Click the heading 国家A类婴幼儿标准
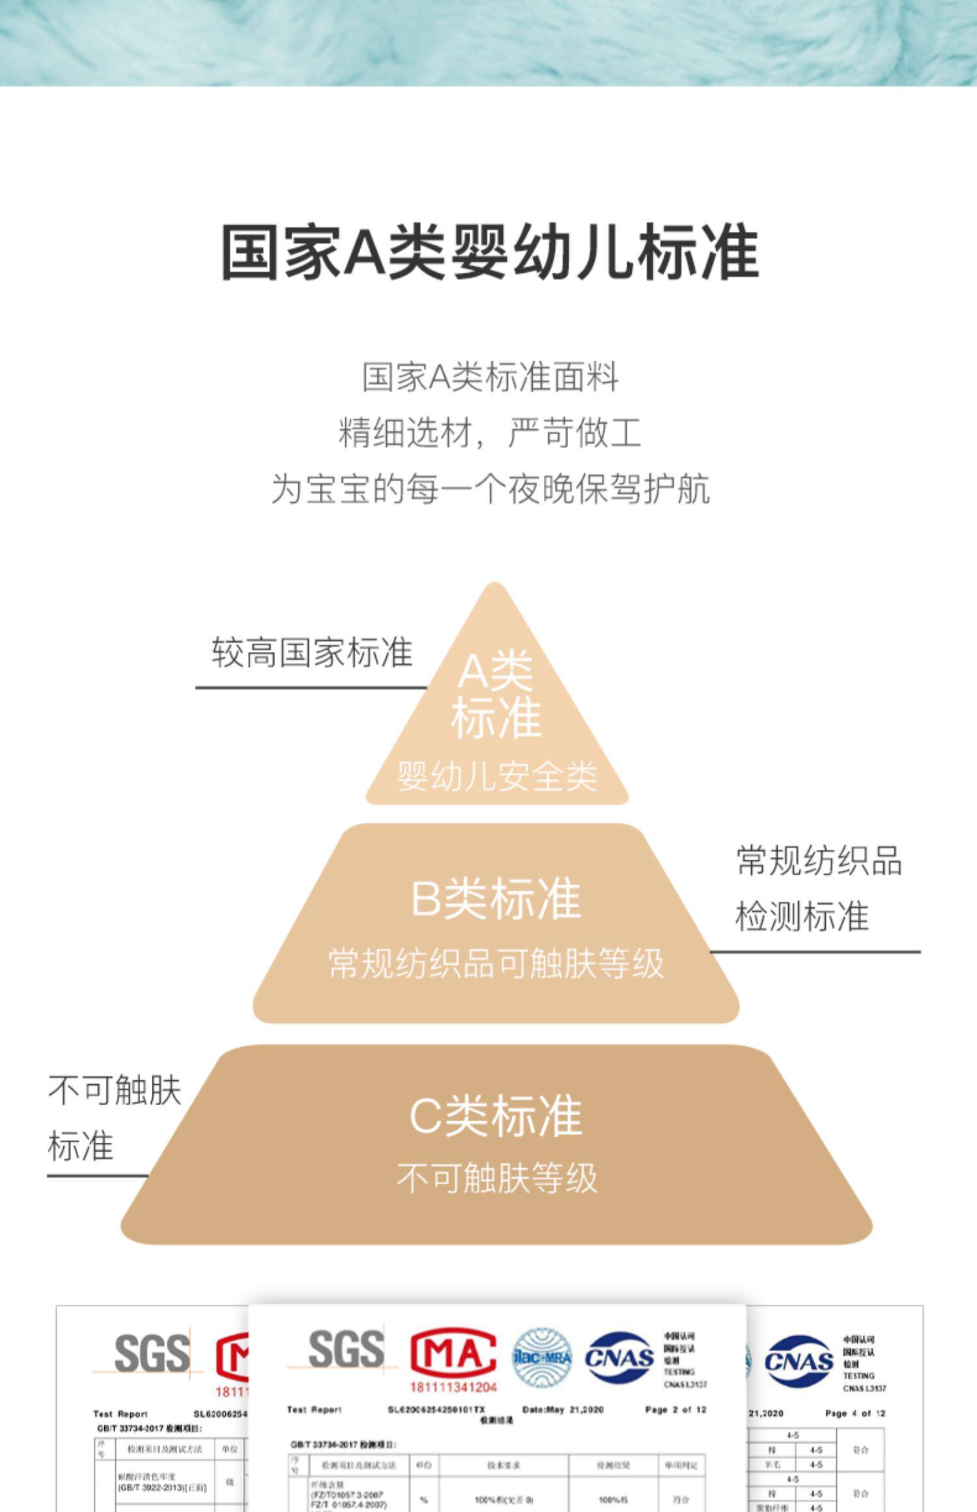pos(490,253)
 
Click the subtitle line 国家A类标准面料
pos(490,378)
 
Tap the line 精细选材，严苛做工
pos(490,433)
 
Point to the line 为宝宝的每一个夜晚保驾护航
pos(490,489)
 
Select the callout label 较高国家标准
pos(312,652)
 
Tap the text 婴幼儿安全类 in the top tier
pos(496,776)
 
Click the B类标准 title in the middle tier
pos(496,899)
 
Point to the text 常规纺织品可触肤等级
pos(496,964)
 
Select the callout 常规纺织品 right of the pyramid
pos(819,861)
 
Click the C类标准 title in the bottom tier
pos(496,1116)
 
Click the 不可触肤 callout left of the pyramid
pos(115,1090)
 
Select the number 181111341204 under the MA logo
pos(453,1387)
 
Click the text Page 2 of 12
pos(675,1410)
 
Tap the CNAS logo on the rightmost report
pos(799,1361)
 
